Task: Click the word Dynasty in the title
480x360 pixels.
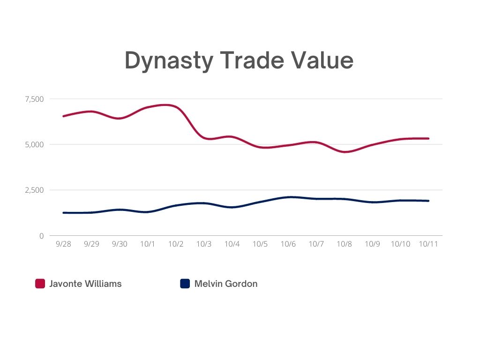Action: click(168, 61)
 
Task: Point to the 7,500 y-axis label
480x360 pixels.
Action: click(34, 99)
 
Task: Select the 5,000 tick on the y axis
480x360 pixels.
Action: click(34, 144)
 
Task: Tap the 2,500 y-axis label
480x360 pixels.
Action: click(34, 190)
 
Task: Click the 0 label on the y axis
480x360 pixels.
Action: click(41, 236)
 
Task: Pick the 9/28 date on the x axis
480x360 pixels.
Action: click(63, 244)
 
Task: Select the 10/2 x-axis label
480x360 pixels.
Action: click(176, 244)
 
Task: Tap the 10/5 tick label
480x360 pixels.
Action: click(260, 244)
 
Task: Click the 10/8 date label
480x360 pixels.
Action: click(345, 244)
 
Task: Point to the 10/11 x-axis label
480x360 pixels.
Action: click(428, 244)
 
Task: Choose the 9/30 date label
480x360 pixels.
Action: click(120, 244)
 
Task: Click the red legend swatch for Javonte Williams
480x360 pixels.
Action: click(40, 284)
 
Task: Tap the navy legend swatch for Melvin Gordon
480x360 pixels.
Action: click(185, 284)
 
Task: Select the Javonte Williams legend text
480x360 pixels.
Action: click(85, 284)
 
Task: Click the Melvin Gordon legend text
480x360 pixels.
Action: click(226, 284)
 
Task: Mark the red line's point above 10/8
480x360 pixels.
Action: click(345, 152)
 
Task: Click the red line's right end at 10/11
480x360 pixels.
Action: click(428, 138)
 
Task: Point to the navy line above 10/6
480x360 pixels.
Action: click(288, 197)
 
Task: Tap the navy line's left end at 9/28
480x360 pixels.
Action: click(64, 213)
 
